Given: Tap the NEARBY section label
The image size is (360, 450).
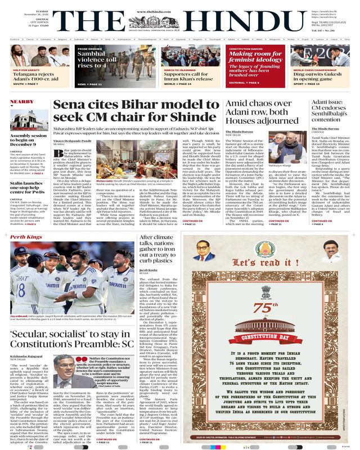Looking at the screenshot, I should (x=21, y=102).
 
